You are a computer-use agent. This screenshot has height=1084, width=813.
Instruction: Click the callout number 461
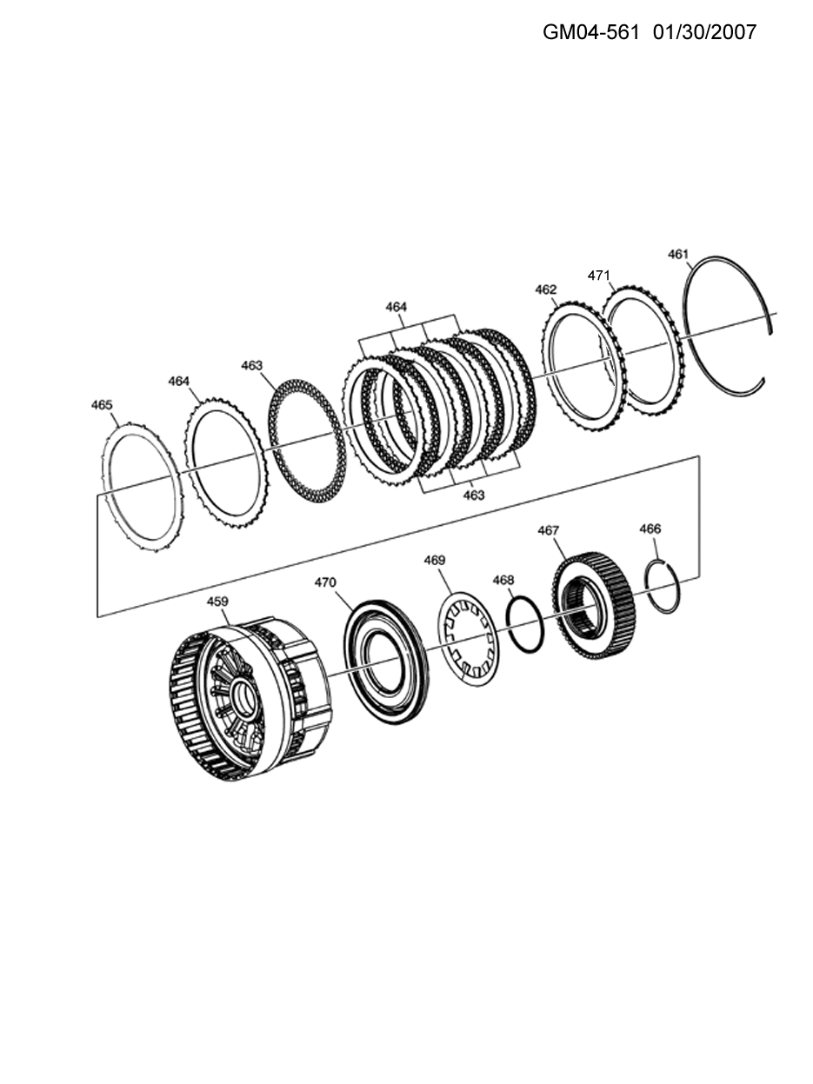click(677, 255)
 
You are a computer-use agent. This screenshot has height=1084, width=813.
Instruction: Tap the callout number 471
click(598, 276)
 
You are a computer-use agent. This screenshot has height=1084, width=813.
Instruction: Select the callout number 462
click(546, 289)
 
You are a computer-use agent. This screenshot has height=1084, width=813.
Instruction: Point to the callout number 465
click(102, 405)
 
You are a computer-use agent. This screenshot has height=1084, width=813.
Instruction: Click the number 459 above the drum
click(217, 602)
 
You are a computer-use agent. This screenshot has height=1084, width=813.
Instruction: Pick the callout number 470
click(325, 582)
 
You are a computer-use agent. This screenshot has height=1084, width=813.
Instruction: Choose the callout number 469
click(435, 560)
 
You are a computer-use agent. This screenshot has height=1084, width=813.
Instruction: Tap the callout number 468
click(503, 580)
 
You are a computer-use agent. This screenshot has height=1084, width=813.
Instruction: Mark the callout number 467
click(549, 530)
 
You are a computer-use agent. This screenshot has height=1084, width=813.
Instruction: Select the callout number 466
click(650, 529)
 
